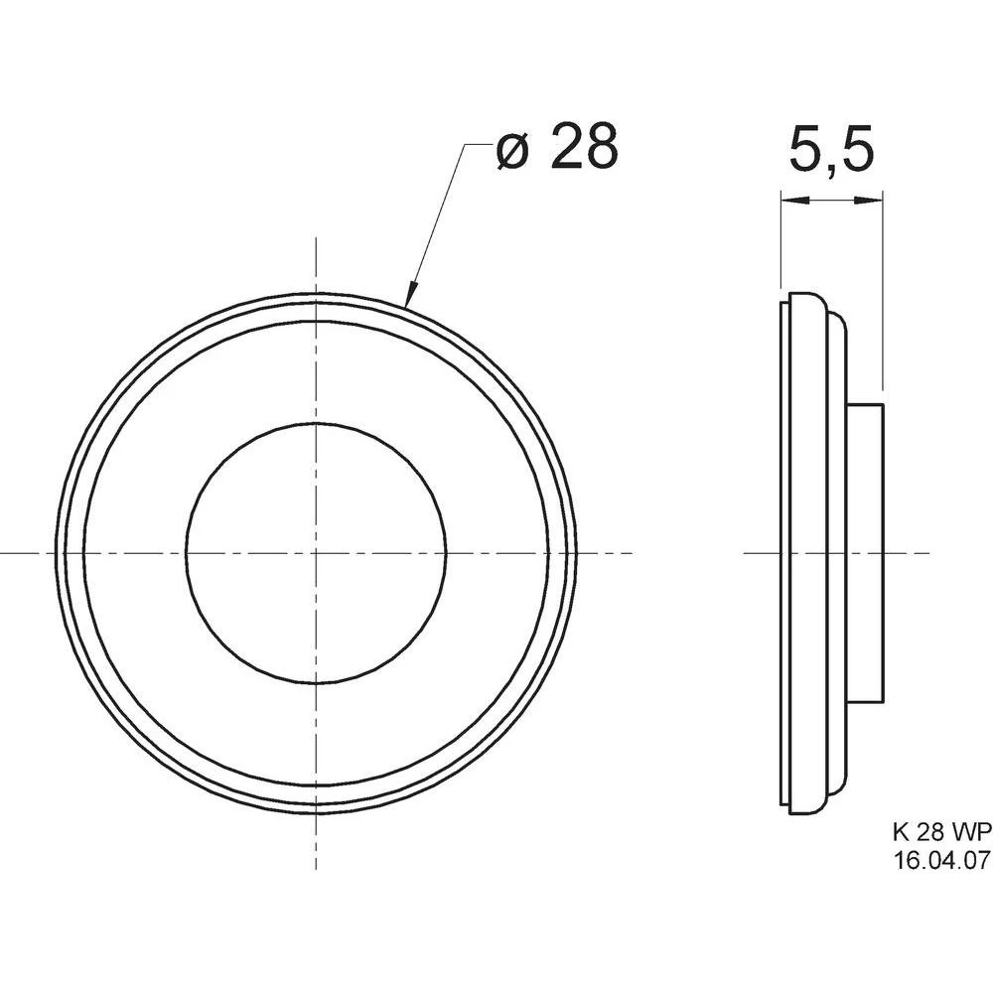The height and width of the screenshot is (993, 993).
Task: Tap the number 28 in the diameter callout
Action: [583, 147]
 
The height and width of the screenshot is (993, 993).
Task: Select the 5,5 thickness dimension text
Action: [831, 152]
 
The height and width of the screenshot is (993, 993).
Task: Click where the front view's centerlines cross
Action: [317, 552]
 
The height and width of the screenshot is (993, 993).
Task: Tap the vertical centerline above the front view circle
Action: [317, 263]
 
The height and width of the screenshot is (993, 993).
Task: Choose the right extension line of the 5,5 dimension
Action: [883, 298]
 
